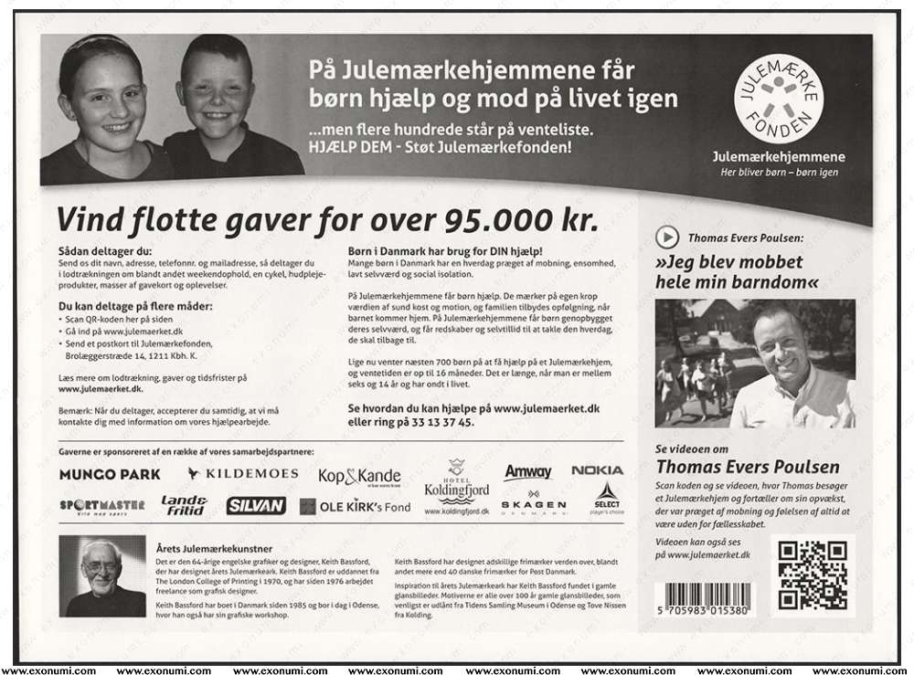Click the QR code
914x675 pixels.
click(812, 575)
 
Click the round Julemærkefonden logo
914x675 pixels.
click(779, 99)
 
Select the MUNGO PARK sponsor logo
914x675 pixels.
click(110, 474)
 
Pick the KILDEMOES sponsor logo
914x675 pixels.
click(242, 473)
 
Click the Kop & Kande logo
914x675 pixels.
click(359, 477)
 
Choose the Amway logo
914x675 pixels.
click(528, 472)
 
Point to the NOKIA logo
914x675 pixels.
click(597, 470)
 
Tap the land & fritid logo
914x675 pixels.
click(184, 505)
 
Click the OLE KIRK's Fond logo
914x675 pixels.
click(356, 506)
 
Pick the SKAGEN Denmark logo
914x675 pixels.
click(533, 504)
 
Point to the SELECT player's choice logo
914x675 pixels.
click(607, 498)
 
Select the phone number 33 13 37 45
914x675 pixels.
click(445, 423)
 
